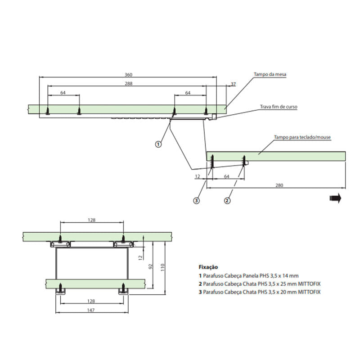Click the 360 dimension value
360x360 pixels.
click(128, 74)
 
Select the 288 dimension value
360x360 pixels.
click(128, 83)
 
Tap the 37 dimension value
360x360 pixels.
click(233, 84)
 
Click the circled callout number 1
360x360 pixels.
click(158, 144)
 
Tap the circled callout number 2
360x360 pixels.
click(227, 201)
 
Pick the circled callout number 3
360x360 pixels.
click(196, 201)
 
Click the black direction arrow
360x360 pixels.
click(335, 198)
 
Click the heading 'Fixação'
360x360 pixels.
click(208, 267)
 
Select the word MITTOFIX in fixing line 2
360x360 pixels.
click(309, 283)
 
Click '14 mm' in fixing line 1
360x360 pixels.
click(291, 275)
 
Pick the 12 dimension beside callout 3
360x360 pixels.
click(198, 176)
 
